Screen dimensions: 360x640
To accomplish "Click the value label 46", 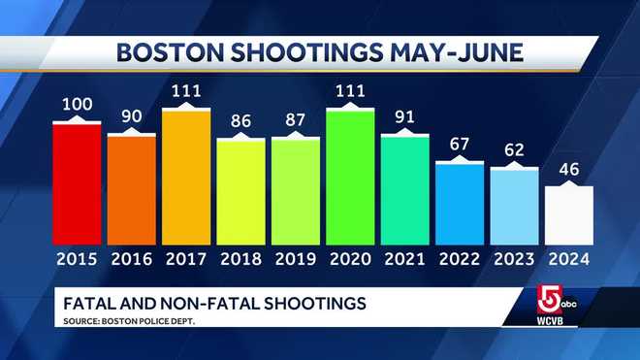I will point(568,169).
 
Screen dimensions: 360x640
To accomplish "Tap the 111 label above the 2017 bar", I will point(185,91).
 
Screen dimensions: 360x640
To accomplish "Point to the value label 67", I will point(460,145).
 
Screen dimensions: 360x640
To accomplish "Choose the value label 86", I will point(240,123).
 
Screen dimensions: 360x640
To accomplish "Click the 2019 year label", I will point(295,260).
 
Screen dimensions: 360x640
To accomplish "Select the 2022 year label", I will point(460,260).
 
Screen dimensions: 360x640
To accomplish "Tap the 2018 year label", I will point(240,260).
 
